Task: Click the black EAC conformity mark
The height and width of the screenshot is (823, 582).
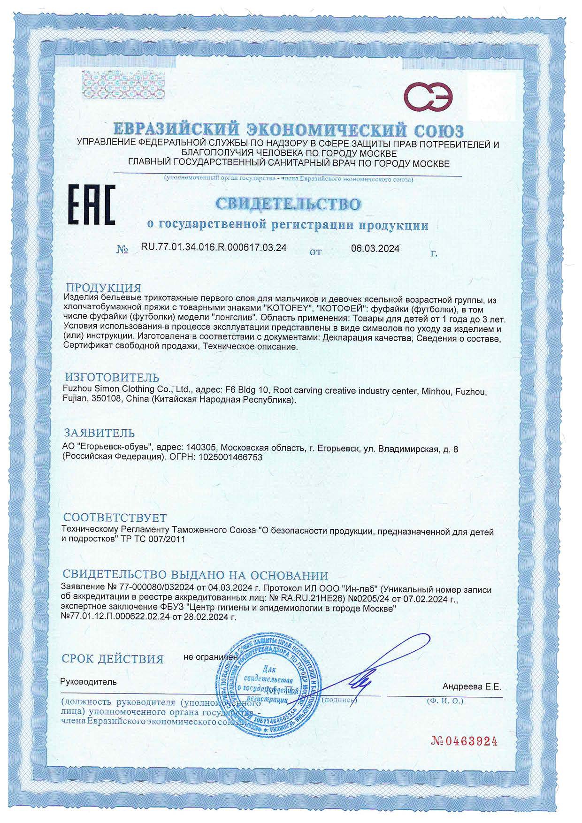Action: pos(92,206)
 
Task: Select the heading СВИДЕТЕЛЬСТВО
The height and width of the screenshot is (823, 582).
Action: pos(288,204)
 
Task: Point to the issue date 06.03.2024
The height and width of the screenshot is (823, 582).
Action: pos(375,249)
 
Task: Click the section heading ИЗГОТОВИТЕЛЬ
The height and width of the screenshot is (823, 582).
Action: pos(111,377)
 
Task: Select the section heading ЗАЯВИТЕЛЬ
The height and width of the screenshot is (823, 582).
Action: pos(99,432)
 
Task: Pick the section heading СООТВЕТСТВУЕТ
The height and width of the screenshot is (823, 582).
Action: pos(115,518)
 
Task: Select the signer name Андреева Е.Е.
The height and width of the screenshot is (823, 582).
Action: pos(472,686)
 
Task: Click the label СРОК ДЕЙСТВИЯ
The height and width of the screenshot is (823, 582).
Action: pos(113,659)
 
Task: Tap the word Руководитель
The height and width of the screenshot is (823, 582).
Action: pos(88,682)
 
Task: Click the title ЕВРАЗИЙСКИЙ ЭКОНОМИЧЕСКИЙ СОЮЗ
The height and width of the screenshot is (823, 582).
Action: pos(289,130)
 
